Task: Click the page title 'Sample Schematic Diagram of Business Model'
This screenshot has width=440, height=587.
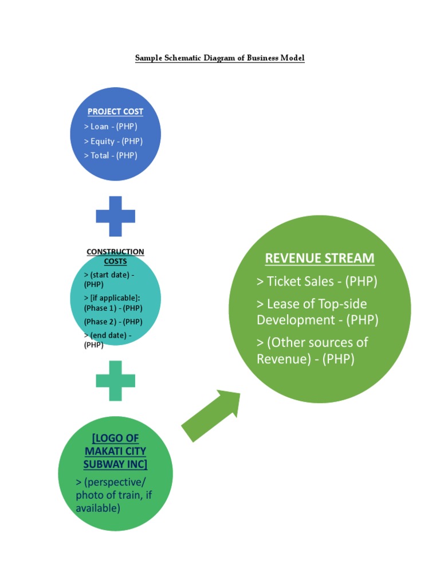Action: tap(219, 58)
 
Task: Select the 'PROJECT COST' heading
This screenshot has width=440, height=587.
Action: tap(115, 112)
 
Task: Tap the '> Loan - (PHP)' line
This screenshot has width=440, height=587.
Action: tap(111, 127)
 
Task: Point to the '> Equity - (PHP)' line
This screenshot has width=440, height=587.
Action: tap(113, 141)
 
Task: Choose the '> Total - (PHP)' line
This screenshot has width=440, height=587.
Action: tap(111, 155)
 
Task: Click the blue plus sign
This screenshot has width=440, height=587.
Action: tap(115, 216)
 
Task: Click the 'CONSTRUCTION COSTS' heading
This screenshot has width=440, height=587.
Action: tap(115, 256)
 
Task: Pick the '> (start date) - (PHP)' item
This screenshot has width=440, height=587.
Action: tap(109, 279)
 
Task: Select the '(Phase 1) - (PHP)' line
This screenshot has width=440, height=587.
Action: tap(113, 308)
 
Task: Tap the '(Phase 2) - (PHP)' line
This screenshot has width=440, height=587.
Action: tap(113, 322)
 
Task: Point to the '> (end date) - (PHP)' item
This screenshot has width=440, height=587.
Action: tap(108, 340)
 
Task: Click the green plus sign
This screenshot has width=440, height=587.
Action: tap(115, 380)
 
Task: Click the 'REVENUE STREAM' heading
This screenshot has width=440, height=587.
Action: tap(320, 259)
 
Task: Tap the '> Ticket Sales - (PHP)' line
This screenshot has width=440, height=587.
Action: tap(317, 281)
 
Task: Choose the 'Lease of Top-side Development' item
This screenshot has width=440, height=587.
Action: tap(317, 312)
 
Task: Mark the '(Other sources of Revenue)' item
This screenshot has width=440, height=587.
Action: tap(312, 351)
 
